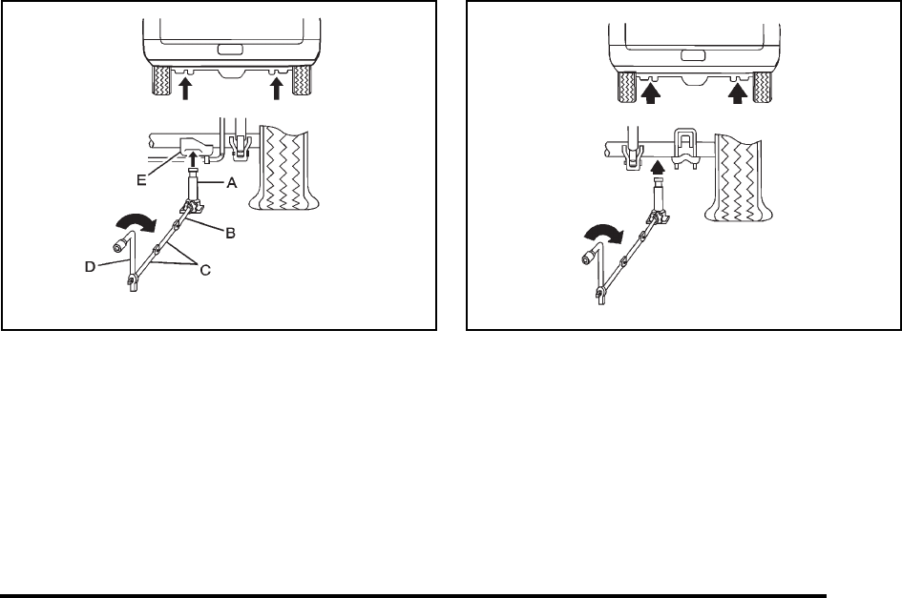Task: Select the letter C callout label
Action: [x=205, y=272]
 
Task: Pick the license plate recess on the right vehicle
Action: [x=696, y=52]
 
